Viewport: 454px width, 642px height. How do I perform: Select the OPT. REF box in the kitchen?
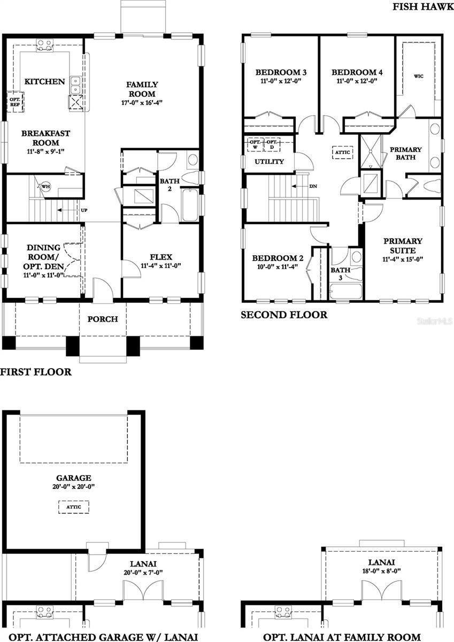click(13, 102)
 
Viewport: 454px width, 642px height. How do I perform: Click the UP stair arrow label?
click(84, 210)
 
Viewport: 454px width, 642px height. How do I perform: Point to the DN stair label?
click(313, 186)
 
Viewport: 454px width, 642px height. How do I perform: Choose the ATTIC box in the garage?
click(73, 506)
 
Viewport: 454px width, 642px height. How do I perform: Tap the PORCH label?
click(103, 319)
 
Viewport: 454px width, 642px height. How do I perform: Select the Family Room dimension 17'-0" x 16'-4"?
click(142, 102)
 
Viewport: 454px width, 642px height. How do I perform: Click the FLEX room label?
click(161, 257)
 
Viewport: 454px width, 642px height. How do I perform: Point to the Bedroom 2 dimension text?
click(278, 267)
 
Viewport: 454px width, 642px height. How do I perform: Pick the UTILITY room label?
click(269, 162)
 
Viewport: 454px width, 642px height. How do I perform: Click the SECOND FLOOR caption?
click(283, 315)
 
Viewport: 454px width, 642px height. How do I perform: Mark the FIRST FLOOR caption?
click(36, 372)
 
